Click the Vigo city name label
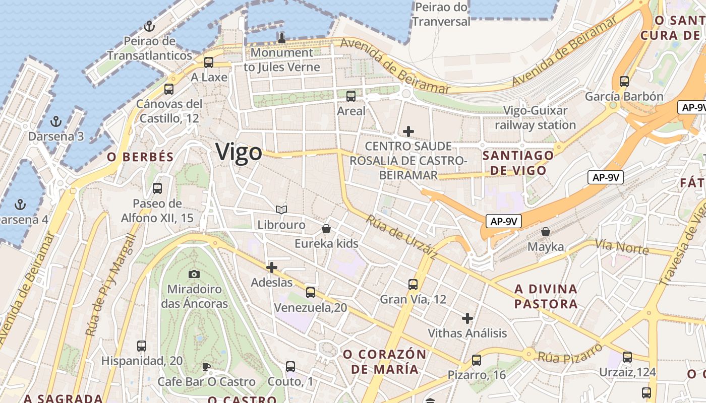tap(239, 152)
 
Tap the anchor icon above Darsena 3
tap(56, 121)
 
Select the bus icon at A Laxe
tap(209, 62)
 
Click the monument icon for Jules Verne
tap(282, 37)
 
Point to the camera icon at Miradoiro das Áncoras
tap(194, 274)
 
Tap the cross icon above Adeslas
tap(272, 267)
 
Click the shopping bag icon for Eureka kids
tap(326, 229)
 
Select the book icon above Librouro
tap(281, 210)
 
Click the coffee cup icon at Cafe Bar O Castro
tap(206, 366)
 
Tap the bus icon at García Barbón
tap(624, 81)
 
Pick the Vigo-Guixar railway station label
tap(535, 118)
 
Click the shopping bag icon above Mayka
tap(546, 232)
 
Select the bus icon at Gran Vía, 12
tap(413, 284)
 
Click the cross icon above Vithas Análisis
tap(467, 318)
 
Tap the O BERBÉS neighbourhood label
tap(140, 157)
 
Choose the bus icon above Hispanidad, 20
tap(142, 346)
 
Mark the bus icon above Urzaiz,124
tap(627, 357)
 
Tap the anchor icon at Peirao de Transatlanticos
tap(149, 26)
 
